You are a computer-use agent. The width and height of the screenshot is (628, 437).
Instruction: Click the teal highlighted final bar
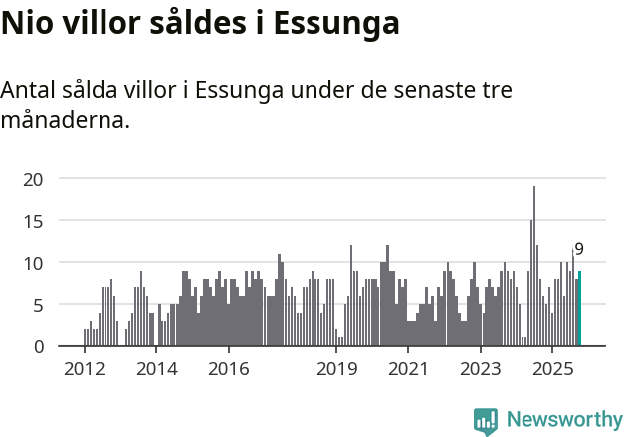click(580, 309)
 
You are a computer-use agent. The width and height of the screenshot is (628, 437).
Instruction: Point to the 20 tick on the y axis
click(34, 179)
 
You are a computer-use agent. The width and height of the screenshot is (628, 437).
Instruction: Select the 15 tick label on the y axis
click(34, 221)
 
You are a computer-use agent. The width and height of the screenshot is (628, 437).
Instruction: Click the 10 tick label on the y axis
click(34, 263)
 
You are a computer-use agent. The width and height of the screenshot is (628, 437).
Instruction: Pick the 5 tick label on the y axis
click(39, 305)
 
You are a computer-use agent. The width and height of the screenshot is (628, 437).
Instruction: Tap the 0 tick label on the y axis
click(39, 346)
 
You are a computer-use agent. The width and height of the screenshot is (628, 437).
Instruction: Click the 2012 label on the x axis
click(84, 370)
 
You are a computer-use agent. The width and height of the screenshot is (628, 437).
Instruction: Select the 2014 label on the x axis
click(156, 370)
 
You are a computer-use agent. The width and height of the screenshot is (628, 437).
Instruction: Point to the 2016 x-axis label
click(229, 370)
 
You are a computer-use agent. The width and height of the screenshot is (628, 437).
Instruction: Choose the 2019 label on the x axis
click(337, 370)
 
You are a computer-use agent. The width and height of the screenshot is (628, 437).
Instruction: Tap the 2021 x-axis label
click(409, 370)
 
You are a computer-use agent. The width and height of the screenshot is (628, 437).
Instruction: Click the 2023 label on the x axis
click(482, 370)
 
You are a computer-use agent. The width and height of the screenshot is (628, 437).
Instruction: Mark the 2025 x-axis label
click(553, 370)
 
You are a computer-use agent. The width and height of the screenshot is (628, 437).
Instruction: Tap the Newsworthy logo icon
click(486, 421)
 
